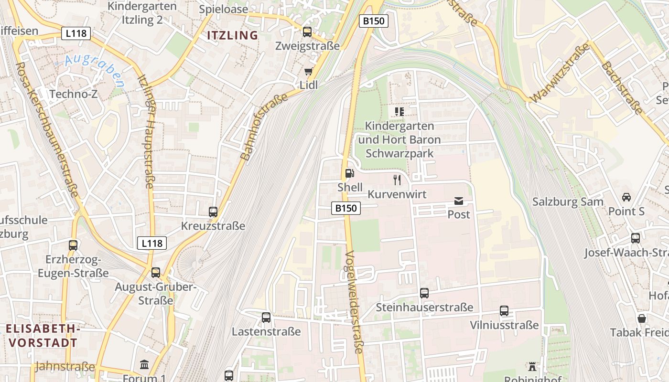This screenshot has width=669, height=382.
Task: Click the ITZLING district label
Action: point(232,35)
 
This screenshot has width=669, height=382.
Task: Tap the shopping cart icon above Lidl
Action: point(308,72)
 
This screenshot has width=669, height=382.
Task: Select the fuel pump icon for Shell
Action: point(350,173)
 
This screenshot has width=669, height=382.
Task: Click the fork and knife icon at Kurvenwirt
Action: point(397,180)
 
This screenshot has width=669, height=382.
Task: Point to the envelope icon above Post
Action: point(459,201)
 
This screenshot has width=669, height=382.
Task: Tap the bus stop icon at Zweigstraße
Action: point(307,32)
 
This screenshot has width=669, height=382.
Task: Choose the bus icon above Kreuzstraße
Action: point(213,212)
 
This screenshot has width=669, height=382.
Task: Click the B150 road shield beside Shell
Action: point(346,208)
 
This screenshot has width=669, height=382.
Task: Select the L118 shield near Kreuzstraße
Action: point(152,243)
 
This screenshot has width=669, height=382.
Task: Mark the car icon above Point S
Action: point(626,197)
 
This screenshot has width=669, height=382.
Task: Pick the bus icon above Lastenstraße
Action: point(266,317)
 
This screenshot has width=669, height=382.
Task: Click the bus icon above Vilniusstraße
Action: point(504,311)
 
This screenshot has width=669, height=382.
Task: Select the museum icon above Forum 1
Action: point(144,365)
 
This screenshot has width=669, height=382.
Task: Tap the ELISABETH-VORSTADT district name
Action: point(43,336)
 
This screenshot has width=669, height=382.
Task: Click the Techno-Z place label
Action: point(74,94)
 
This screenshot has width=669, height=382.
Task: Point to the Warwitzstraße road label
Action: point(560,73)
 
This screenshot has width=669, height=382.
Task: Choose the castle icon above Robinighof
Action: point(532,367)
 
